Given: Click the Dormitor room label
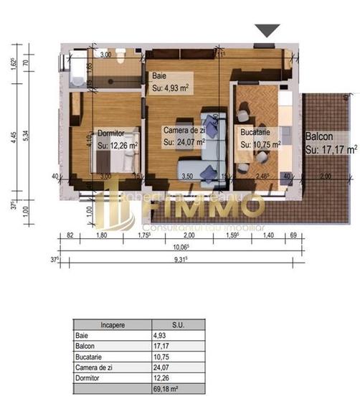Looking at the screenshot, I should pos(111,133).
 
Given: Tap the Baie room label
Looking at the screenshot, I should pos(158,75).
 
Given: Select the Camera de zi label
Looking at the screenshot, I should pos(185,131).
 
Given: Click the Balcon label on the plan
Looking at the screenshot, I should pos(318,136).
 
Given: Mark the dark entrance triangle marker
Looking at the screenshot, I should pos(267,30).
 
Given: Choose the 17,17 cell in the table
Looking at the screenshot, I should pos(160,345).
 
